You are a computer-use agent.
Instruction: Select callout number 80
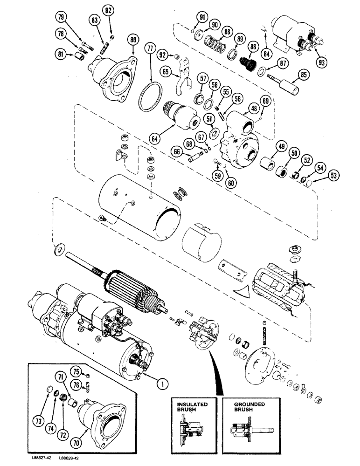tap(133, 40)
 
